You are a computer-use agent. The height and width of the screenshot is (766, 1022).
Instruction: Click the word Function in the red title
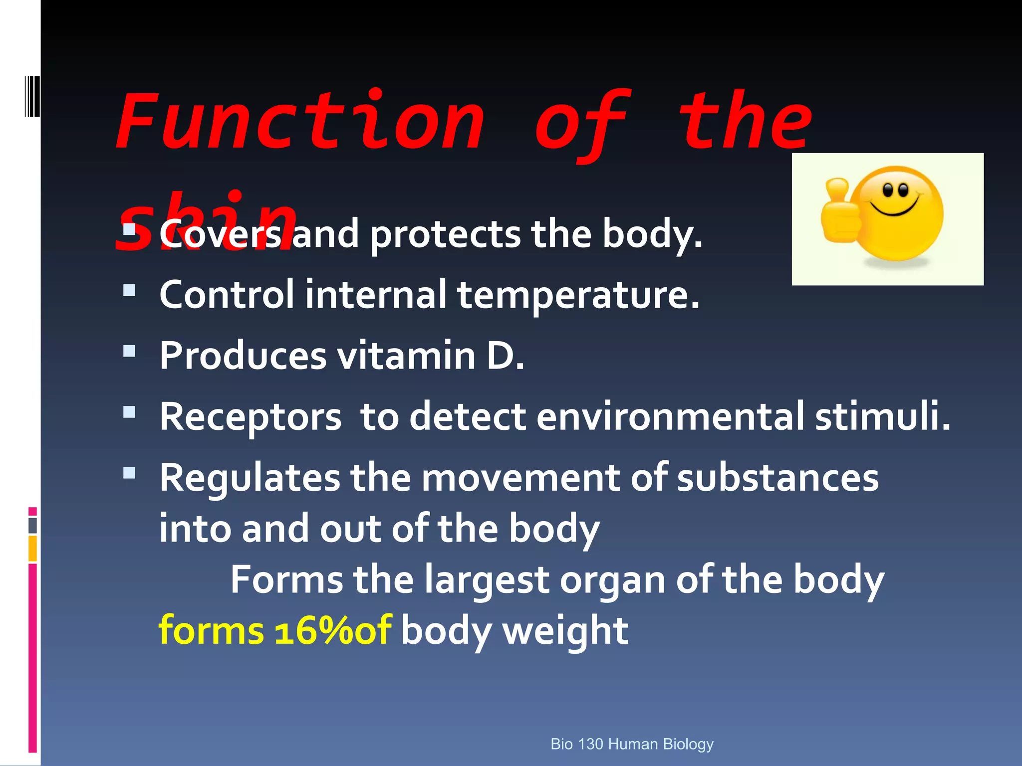point(299,122)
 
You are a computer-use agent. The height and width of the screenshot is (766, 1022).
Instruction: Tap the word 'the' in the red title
point(746,122)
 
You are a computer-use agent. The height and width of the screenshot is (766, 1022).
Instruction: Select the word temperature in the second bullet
point(578,295)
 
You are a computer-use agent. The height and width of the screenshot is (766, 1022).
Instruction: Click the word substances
point(777,478)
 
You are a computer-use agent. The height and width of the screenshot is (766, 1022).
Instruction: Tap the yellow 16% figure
point(314,631)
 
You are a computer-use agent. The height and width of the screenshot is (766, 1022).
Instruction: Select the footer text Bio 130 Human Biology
point(632,744)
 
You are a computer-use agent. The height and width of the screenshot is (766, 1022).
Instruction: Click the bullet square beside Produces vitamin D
point(129,351)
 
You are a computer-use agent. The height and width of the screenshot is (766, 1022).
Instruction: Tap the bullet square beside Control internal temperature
point(129,290)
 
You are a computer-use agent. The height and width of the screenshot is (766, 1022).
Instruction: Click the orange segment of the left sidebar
point(32,548)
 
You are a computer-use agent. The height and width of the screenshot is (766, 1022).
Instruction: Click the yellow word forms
point(211,631)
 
